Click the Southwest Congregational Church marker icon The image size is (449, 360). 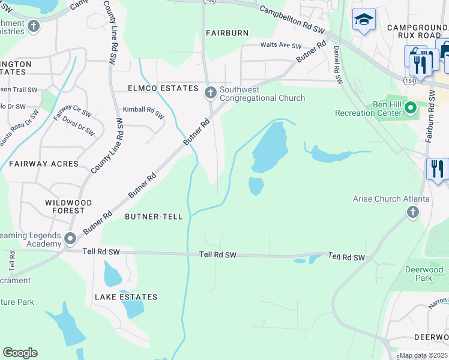[x=210, y=92]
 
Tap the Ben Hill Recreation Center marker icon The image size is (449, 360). [x=411, y=108]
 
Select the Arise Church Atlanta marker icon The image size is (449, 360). [x=413, y=211]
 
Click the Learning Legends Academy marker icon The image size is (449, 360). [x=70, y=239]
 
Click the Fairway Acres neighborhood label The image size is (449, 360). [x=43, y=163]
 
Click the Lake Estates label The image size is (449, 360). [x=125, y=297]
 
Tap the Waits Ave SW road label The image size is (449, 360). [x=280, y=45]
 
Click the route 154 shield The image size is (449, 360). [x=409, y=80]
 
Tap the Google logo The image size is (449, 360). [x=20, y=353]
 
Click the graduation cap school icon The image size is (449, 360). [x=363, y=20]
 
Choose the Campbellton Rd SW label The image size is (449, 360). [x=292, y=19]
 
